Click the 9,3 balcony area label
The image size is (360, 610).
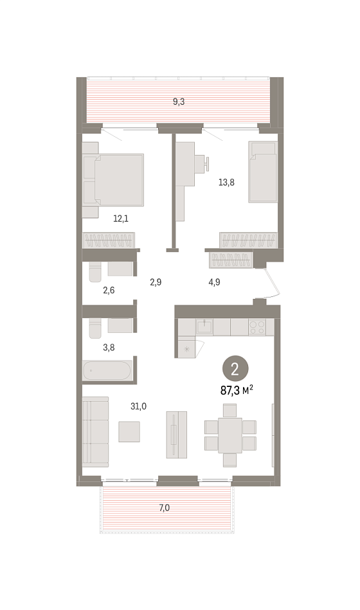179,102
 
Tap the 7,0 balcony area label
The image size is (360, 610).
164,508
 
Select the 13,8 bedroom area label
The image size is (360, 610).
226,182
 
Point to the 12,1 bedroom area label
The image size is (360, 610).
121,219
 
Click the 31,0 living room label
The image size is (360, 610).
139,406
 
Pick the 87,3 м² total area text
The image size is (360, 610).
237,390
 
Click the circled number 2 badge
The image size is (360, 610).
235,370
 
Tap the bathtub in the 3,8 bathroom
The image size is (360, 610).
107,371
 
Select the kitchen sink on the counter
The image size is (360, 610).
204,327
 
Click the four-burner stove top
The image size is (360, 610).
257,327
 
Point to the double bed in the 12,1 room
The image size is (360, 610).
113,180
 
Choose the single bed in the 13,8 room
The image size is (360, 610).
263,172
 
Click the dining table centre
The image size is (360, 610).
230,435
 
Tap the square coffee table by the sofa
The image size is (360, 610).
129,431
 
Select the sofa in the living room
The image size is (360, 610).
95,432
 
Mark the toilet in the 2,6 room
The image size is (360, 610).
95,271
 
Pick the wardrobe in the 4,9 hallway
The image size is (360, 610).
231,260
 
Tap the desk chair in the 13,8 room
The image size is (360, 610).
203,164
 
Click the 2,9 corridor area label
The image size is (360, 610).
156,282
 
